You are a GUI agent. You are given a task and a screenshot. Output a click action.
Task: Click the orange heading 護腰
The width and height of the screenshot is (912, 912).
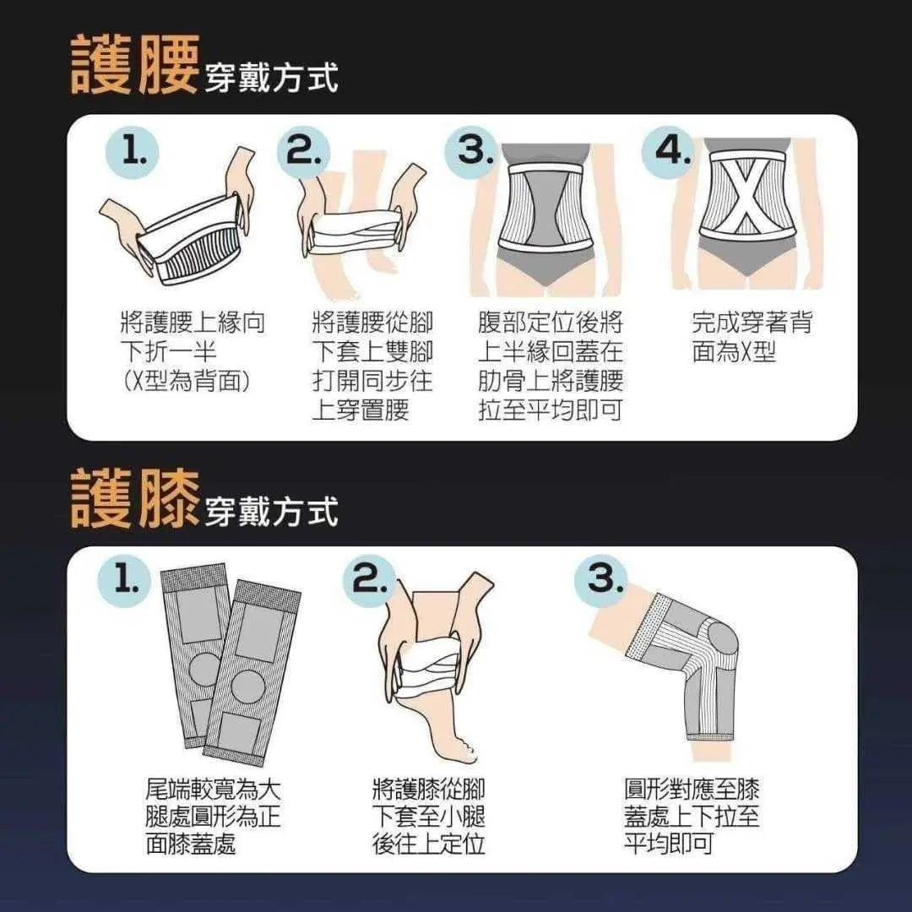pos(134,64)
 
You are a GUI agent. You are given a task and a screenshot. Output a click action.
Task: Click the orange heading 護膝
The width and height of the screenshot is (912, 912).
pos(134,498)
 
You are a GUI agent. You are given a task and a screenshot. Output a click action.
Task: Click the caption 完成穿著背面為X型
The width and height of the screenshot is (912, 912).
pos(752,337)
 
